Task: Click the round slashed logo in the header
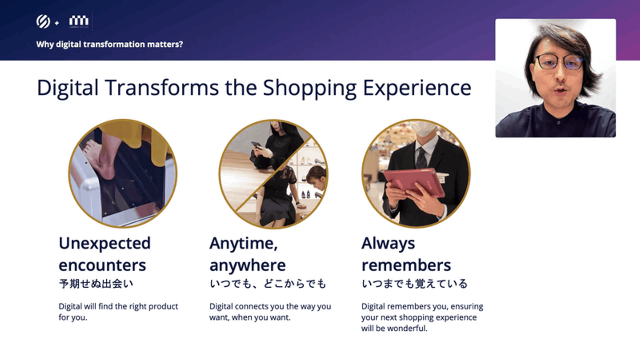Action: coord(43,21)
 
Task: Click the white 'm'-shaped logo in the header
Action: coord(79,21)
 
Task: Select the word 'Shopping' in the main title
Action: coord(310,88)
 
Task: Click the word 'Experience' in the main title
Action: coord(417,88)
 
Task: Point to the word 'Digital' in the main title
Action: coord(68,88)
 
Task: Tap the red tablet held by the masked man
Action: coord(413,182)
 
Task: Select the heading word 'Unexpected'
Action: coord(104,244)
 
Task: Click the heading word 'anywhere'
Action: coord(248,265)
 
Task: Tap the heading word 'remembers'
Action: coord(406,265)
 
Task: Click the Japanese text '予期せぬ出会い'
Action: coord(96,284)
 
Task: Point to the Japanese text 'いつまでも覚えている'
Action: coord(415,284)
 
